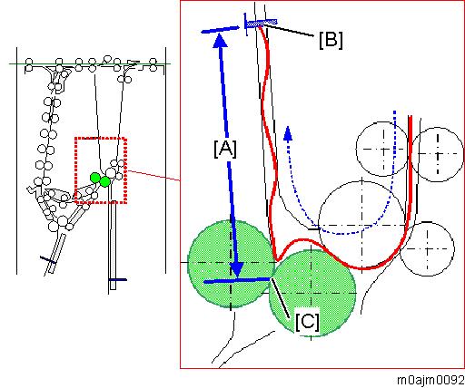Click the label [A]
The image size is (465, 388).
tap(225, 149)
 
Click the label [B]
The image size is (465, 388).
tap(331, 40)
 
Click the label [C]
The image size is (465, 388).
tap(307, 322)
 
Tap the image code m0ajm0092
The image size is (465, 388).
tap(430, 381)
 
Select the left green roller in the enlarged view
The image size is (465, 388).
tap(231, 264)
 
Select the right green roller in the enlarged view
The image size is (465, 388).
tap(312, 293)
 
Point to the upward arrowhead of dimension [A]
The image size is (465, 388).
tap(220, 41)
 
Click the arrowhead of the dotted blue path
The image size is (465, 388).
tap(288, 133)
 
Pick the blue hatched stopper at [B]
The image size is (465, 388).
tap(261, 23)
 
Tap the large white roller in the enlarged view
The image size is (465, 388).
tap(362, 225)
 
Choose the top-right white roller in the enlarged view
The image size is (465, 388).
tap(437, 154)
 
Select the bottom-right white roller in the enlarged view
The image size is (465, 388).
tap(427, 249)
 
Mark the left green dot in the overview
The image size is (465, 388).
tap(95, 178)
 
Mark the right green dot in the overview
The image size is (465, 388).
tap(104, 181)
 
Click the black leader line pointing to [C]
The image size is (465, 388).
tap(280, 298)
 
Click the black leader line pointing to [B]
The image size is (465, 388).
tap(289, 31)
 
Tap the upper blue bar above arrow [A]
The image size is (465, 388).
tap(220, 30)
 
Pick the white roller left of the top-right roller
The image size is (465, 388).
tap(383, 149)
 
